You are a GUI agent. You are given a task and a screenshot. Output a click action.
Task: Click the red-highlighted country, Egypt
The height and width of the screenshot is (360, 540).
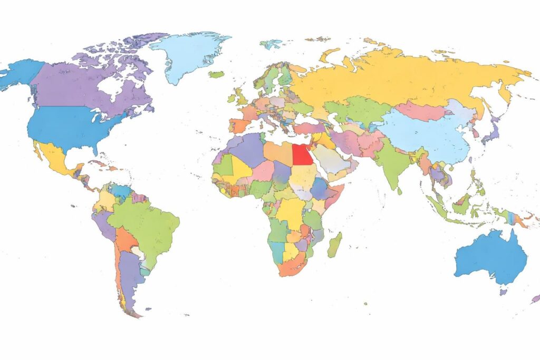pos(301,154)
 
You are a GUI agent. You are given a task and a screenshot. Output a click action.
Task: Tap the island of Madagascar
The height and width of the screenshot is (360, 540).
pos(334,245)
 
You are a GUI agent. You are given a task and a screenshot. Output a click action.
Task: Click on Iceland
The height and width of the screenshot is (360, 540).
pos(216,74)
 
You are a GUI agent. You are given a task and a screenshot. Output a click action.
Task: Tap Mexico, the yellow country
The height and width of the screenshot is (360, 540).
pos(55,158)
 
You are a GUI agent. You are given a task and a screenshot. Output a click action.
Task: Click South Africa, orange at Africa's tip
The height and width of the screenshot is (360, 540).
pos(293,264)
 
